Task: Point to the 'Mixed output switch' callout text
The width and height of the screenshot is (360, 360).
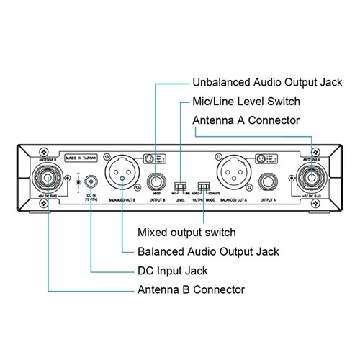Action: [x=189, y=234]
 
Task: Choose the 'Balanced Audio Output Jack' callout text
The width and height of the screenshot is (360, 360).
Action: [x=208, y=252]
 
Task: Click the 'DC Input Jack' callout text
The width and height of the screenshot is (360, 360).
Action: [x=172, y=271]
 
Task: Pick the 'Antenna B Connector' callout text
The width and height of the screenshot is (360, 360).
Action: [x=191, y=289]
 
